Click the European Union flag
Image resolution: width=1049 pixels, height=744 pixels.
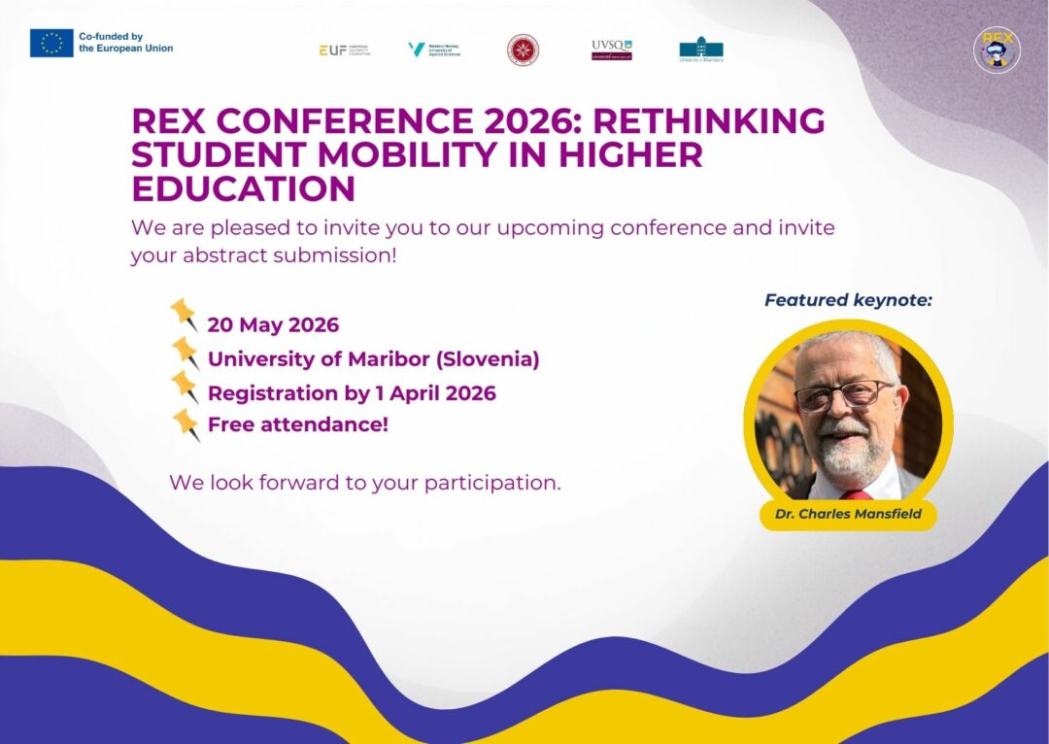pyautogui.click(x=51, y=43)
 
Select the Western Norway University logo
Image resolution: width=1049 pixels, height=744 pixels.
pyautogui.click(x=433, y=50)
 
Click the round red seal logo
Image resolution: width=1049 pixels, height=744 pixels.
pyautogui.click(x=523, y=50)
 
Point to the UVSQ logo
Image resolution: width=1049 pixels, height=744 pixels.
pyautogui.click(x=611, y=50)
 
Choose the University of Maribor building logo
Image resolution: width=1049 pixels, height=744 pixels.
pyautogui.click(x=701, y=50)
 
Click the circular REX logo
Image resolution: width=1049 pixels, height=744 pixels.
pyautogui.click(x=997, y=50)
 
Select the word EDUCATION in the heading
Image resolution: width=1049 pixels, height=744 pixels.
pyautogui.click(x=243, y=188)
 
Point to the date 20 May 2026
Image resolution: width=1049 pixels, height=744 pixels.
pyautogui.click(x=273, y=324)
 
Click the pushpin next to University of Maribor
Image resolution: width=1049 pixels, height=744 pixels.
pyautogui.click(x=185, y=352)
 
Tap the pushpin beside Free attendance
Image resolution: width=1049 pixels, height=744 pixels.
pyautogui.click(x=185, y=423)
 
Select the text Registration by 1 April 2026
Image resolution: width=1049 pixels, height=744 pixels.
pyautogui.click(x=352, y=393)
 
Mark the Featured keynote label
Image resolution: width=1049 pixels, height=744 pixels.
pyautogui.click(x=848, y=300)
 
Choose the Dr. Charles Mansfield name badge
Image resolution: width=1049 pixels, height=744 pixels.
pyautogui.click(x=848, y=514)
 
